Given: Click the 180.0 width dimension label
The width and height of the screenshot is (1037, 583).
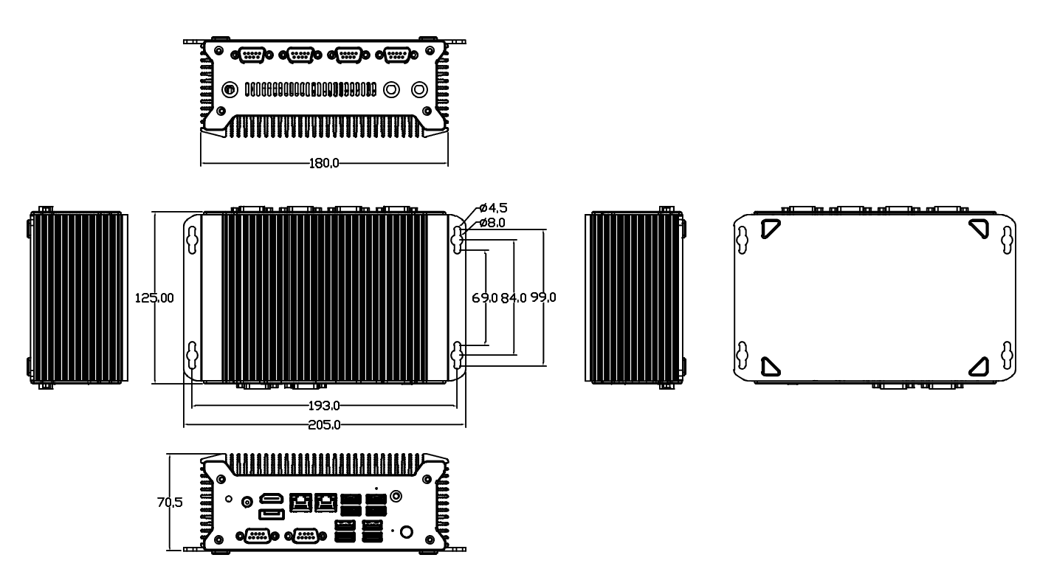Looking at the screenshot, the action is pyautogui.click(x=323, y=163).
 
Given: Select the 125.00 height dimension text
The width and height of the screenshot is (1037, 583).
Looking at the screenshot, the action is pyautogui.click(x=154, y=298).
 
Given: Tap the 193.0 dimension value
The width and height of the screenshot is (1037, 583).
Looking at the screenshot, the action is pyautogui.click(x=324, y=406).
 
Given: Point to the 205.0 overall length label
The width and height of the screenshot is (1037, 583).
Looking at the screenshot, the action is pyautogui.click(x=324, y=425).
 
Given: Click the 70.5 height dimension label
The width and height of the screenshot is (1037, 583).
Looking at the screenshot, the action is pyautogui.click(x=170, y=502).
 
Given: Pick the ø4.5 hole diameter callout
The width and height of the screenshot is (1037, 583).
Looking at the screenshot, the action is pyautogui.click(x=494, y=207).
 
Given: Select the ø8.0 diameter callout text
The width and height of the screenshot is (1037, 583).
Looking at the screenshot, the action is pyautogui.click(x=492, y=223).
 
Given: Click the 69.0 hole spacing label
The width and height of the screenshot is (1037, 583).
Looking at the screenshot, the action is pyautogui.click(x=485, y=298).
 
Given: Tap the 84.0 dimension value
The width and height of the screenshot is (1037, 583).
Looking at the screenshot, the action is pyautogui.click(x=514, y=298).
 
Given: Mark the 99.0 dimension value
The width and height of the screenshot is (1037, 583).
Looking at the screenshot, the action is pyautogui.click(x=543, y=297).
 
